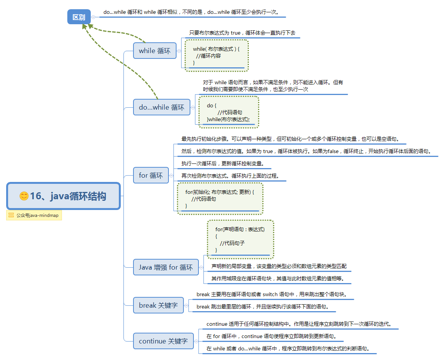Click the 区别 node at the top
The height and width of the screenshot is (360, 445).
pyautogui.click(x=79, y=17)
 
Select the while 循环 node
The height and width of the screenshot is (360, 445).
pyautogui.click(x=155, y=51)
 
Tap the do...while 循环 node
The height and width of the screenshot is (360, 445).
pyautogui.click(x=162, y=107)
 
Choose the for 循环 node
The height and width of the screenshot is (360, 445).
pyautogui.click(x=151, y=175)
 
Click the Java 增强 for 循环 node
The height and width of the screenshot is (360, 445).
pyautogui.click(x=166, y=267)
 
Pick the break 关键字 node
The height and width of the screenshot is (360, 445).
pyautogui.click(x=158, y=305)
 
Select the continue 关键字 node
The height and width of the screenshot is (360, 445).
pyautogui.click(x=163, y=341)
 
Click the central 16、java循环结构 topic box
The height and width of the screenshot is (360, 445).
pyautogui.click(x=63, y=196)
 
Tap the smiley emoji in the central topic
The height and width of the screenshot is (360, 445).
pyautogui.click(x=24, y=196)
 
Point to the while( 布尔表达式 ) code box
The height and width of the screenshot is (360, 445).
pyautogui.click(x=217, y=55)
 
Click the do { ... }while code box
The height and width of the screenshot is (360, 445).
pyautogui.click(x=228, y=112)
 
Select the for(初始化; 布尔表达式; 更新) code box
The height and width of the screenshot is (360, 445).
pyautogui.click(x=220, y=198)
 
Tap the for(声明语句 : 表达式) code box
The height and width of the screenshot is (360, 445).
pyautogui.click(x=240, y=239)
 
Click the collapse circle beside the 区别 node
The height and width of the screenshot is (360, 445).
pyautogui.click(x=93, y=17)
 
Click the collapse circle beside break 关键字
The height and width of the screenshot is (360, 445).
pyautogui.click(x=187, y=305)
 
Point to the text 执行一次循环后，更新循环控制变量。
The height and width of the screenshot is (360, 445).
pyautogui.click(x=223, y=163)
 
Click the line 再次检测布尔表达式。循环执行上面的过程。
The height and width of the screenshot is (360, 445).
pyautogui.click(x=230, y=176)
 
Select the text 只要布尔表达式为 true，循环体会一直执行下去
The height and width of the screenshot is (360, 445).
pyautogui.click(x=242, y=33)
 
